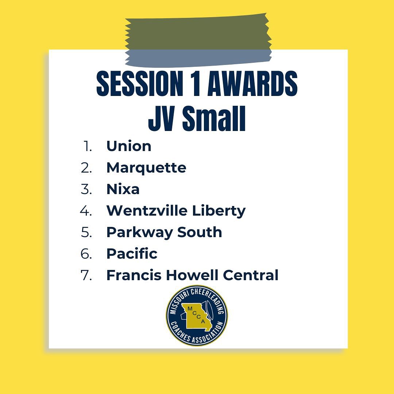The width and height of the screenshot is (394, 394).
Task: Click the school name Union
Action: click(x=128, y=146)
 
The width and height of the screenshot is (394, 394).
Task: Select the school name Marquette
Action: click(x=146, y=168)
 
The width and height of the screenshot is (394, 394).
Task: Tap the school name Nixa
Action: click(x=123, y=189)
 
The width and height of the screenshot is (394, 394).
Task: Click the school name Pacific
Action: click(x=132, y=254)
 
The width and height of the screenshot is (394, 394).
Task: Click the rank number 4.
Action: click(x=86, y=211)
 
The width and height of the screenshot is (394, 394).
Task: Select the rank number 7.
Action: click(x=86, y=275)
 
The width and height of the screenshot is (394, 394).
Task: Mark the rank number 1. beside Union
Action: click(x=88, y=146)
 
